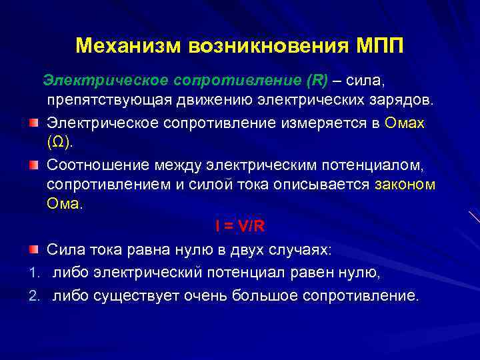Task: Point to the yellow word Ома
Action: coord(63,204)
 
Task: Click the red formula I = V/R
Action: coord(240,226)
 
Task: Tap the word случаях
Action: coord(304,249)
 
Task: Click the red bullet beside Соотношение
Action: coord(33,164)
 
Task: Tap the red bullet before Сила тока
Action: coord(33,249)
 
